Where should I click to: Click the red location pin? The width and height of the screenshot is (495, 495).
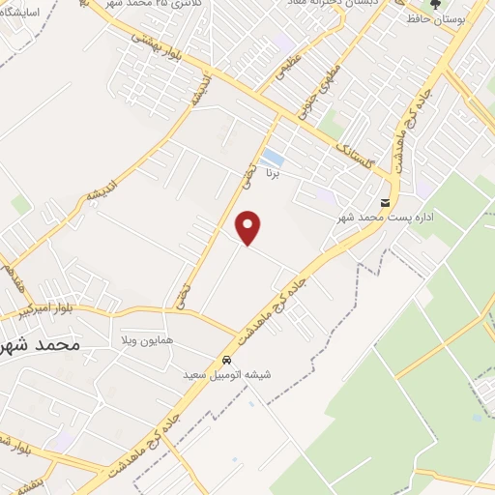pos(249,227)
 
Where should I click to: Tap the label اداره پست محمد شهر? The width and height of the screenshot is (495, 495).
pos(379,218)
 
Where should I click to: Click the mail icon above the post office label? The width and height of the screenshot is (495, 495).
pos(386,203)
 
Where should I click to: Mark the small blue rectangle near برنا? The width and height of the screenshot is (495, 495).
pos(273,158)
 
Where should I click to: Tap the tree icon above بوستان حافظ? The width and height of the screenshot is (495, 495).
pos(434,5)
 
